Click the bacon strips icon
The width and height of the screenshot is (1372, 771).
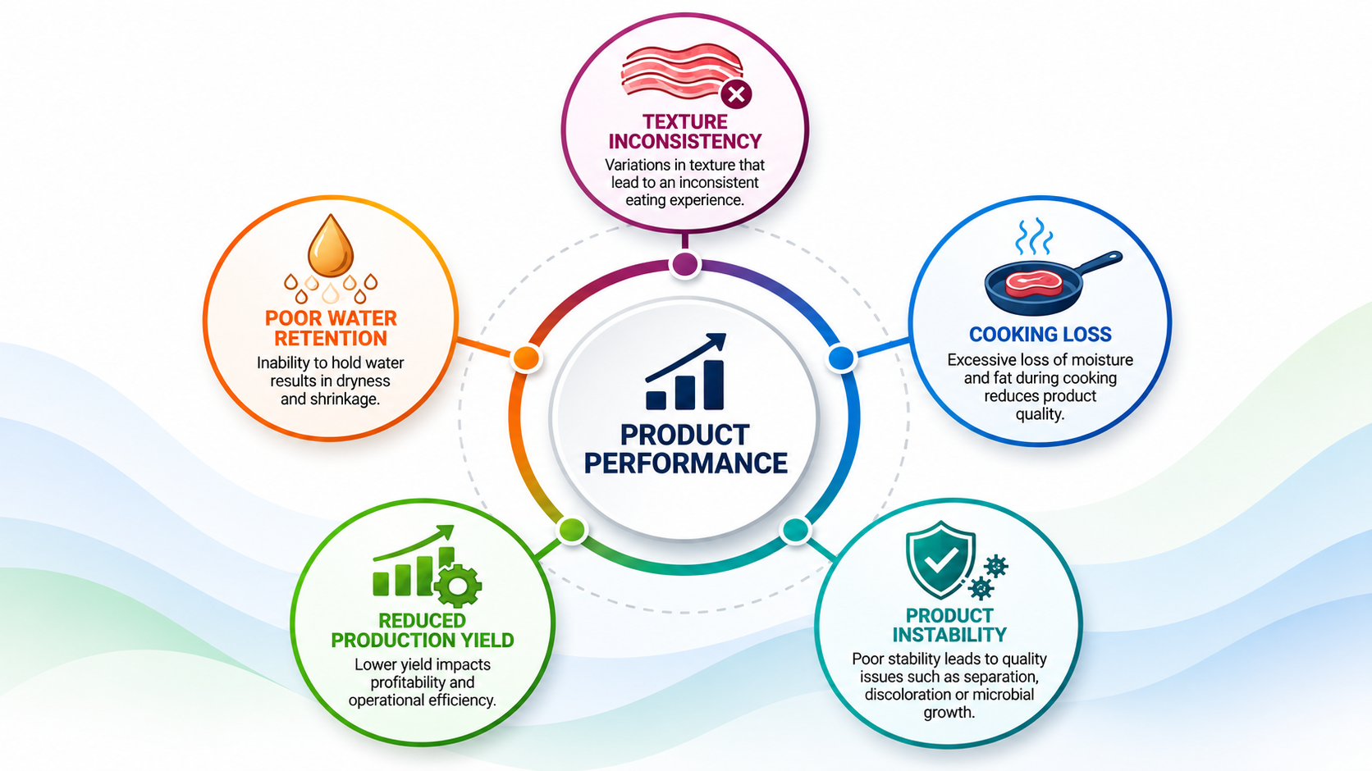681,71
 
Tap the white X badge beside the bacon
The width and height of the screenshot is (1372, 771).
736,94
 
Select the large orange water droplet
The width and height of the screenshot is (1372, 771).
331,245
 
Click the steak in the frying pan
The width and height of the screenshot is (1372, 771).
1033,284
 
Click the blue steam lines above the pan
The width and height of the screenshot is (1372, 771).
1034,235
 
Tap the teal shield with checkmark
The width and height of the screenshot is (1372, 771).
940,559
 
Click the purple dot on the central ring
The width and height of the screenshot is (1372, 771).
685,265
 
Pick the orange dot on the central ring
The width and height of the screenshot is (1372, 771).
525,358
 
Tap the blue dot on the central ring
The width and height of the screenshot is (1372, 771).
842,358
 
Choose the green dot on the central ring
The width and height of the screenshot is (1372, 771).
572,530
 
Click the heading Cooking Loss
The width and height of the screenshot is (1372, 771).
1040,335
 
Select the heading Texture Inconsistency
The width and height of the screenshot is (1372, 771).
685,132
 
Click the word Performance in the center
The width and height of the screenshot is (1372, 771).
685,463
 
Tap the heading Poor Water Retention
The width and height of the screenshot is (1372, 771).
331,328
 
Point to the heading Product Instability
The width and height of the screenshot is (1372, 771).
949,625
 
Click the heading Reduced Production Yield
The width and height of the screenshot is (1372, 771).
423,630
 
